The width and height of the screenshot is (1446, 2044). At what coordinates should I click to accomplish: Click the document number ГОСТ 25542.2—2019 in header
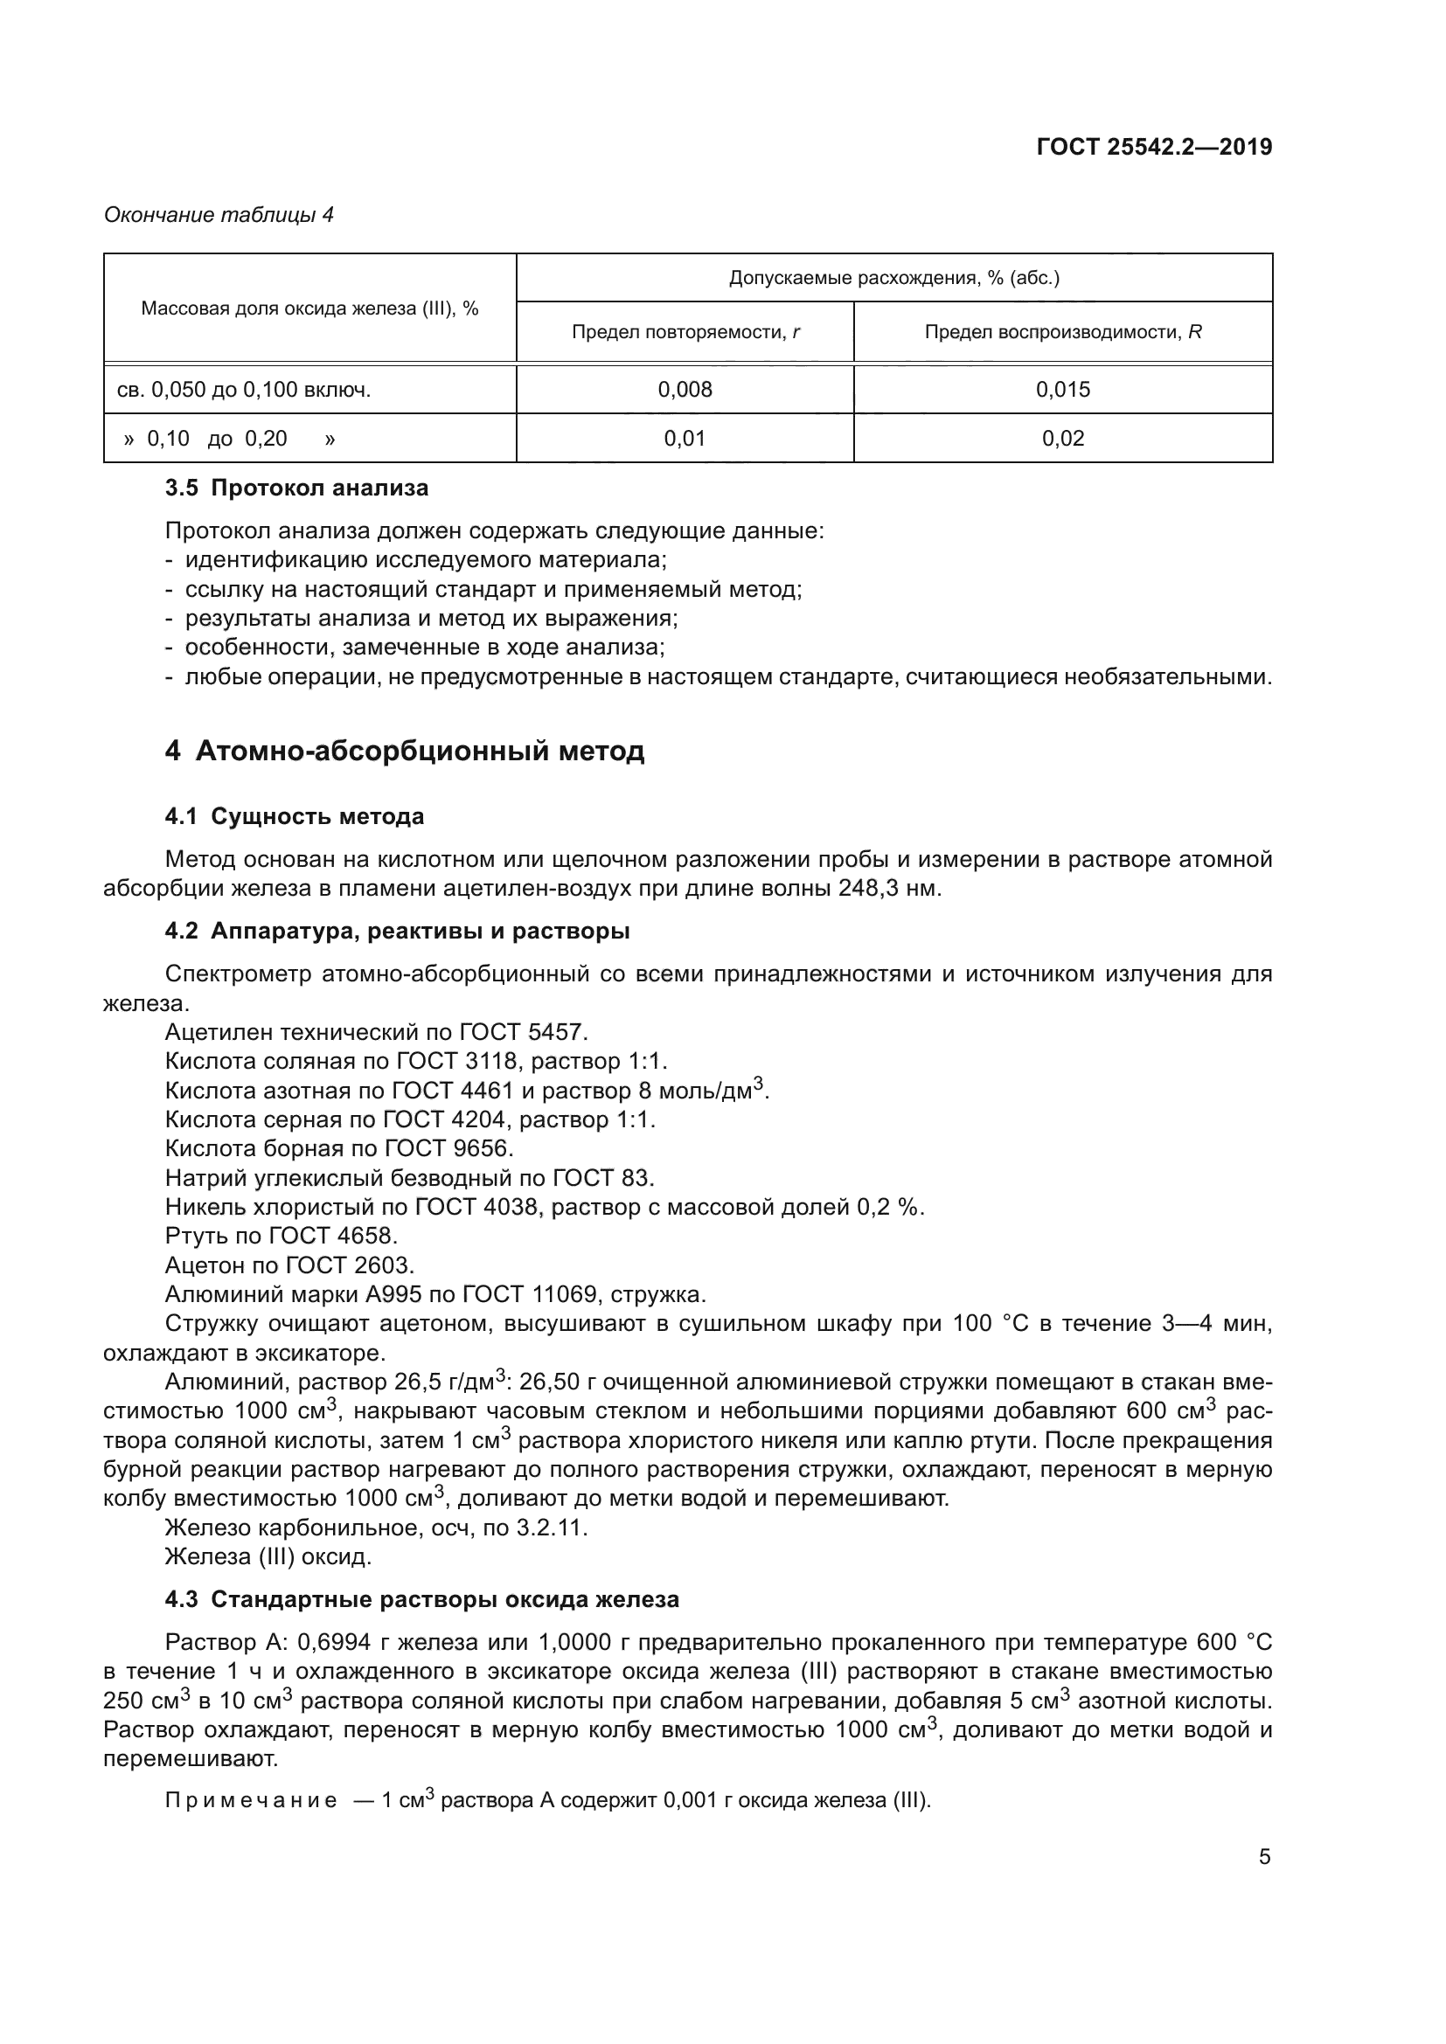point(1154,147)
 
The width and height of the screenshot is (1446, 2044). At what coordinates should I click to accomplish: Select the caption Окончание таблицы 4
point(219,215)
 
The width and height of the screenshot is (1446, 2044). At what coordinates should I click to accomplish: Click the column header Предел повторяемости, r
point(685,332)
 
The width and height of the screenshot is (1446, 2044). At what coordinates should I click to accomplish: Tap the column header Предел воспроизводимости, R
point(1062,332)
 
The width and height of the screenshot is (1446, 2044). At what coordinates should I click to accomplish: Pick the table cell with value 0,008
point(685,389)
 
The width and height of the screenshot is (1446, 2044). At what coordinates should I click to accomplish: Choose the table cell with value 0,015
point(1062,389)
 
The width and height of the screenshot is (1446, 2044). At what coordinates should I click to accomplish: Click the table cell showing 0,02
point(1062,438)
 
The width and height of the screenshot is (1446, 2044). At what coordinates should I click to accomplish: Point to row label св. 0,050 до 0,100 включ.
point(244,389)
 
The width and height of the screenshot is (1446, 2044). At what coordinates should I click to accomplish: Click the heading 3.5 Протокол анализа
point(296,488)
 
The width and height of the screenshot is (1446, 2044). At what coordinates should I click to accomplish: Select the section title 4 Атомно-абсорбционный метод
point(404,752)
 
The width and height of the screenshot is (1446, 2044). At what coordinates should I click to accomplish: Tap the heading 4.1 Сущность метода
point(294,816)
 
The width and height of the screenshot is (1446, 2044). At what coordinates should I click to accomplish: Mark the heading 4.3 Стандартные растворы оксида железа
point(422,1599)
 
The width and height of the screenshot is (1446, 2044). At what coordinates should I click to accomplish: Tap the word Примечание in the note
point(251,1800)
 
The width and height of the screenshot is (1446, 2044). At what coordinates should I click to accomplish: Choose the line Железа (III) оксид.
point(268,1556)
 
